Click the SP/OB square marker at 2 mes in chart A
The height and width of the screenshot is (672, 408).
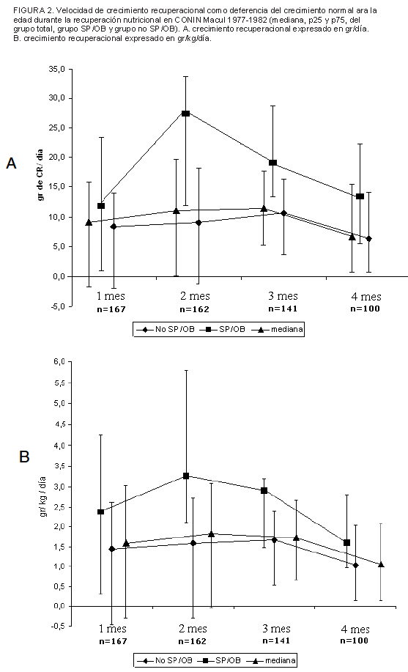pos(185,114)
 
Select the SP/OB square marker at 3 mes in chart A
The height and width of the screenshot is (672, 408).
pos(272,163)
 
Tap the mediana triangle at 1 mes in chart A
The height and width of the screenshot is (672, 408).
pos(89,223)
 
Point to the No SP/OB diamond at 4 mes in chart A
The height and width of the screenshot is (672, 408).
pos(368,239)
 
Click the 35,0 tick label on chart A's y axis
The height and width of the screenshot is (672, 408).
pos(56,69)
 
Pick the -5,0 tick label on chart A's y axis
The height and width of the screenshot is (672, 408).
pos(56,306)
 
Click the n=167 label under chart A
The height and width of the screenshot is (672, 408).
pos(111,309)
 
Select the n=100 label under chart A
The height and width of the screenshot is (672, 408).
pos(365,309)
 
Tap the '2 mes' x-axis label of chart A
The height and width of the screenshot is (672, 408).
pos(195,296)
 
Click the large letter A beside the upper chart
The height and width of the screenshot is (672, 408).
pos(11,163)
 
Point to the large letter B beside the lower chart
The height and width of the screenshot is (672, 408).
pos(24,457)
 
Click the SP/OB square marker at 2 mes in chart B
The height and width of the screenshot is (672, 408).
pos(186,476)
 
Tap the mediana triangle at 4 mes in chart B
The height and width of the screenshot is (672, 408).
pos(381,564)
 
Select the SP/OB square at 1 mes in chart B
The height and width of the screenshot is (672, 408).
pos(100,512)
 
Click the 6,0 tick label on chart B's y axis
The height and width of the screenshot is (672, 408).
pos(59,362)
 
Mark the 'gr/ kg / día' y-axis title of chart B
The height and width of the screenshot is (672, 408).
pos(43,497)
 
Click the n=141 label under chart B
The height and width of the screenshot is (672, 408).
pos(276,640)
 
